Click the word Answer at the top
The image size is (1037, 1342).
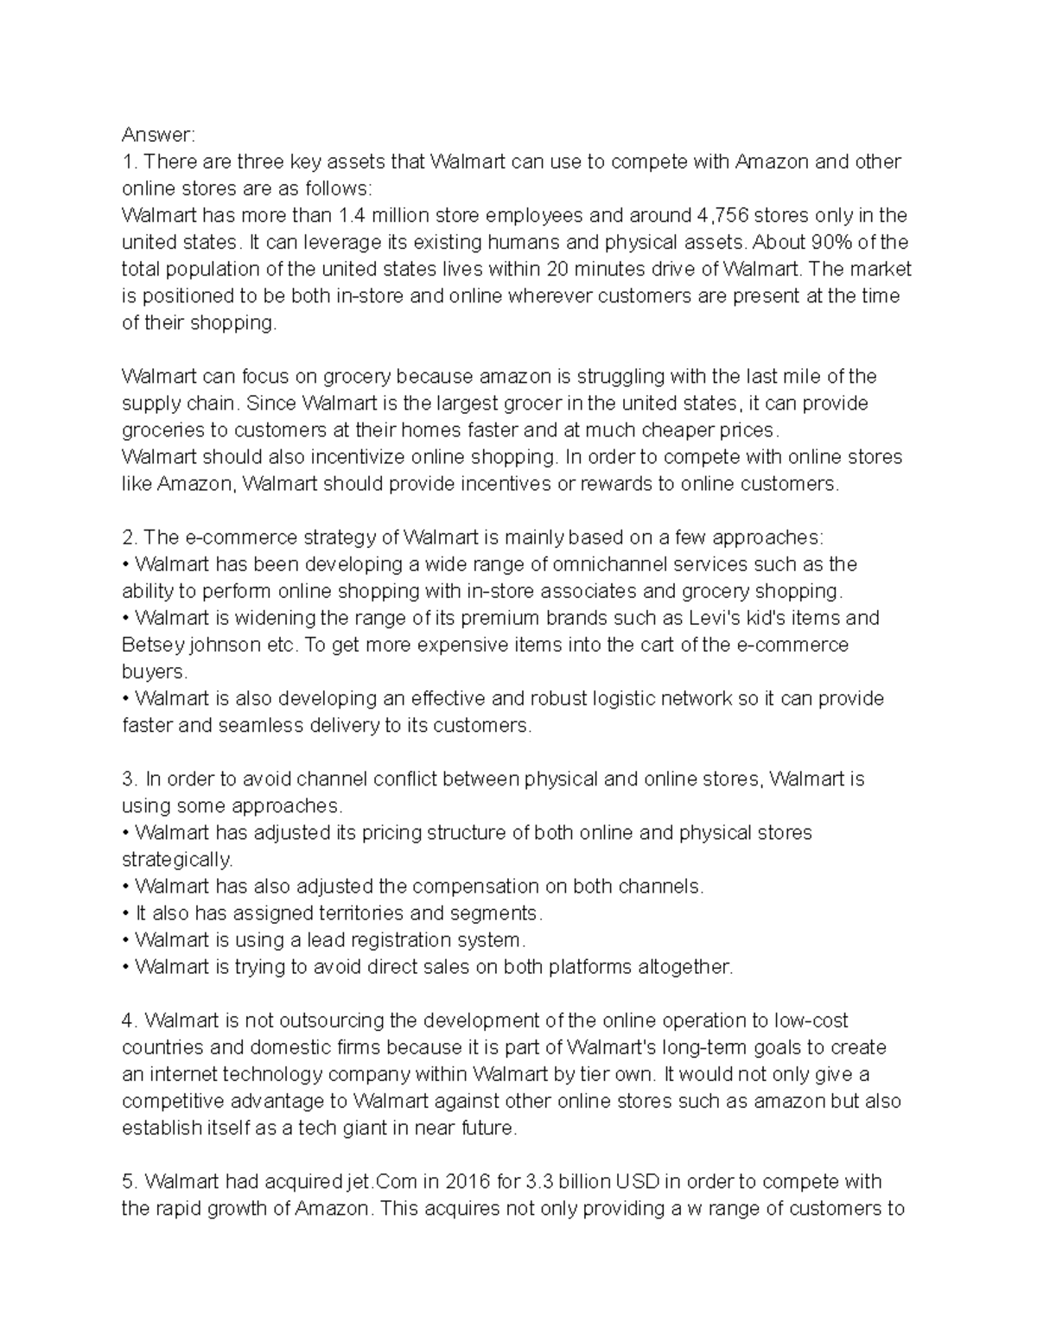pyautogui.click(x=159, y=135)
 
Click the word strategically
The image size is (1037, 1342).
pyautogui.click(x=177, y=860)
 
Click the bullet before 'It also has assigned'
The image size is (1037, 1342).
pyautogui.click(x=126, y=913)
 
